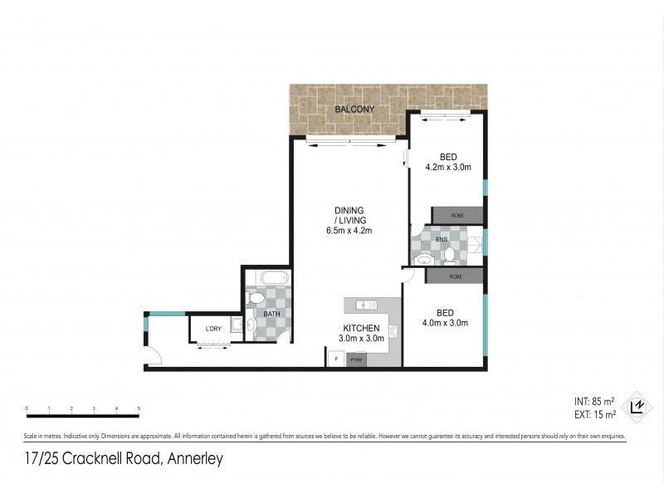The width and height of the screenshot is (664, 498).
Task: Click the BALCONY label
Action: [349, 110]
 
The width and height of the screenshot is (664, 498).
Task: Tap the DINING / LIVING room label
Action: [349, 220]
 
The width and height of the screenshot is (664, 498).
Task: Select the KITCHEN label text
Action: [361, 328]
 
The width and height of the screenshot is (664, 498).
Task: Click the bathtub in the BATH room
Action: [266, 276]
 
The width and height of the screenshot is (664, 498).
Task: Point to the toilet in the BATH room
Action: [256, 297]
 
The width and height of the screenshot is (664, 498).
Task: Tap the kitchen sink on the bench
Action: [366, 304]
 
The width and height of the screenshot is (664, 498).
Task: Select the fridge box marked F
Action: [335, 358]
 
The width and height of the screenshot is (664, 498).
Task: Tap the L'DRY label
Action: [213, 330]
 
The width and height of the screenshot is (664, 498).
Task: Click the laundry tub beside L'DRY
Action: [236, 326]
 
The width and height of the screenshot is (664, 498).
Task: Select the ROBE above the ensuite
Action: [456, 215]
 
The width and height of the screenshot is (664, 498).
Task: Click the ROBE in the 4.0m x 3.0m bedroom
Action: [455, 276]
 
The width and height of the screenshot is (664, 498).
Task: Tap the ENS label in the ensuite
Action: [442, 240]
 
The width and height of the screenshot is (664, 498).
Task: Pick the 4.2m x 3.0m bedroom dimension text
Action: [448, 168]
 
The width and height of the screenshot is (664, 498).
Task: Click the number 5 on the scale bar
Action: [139, 409]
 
